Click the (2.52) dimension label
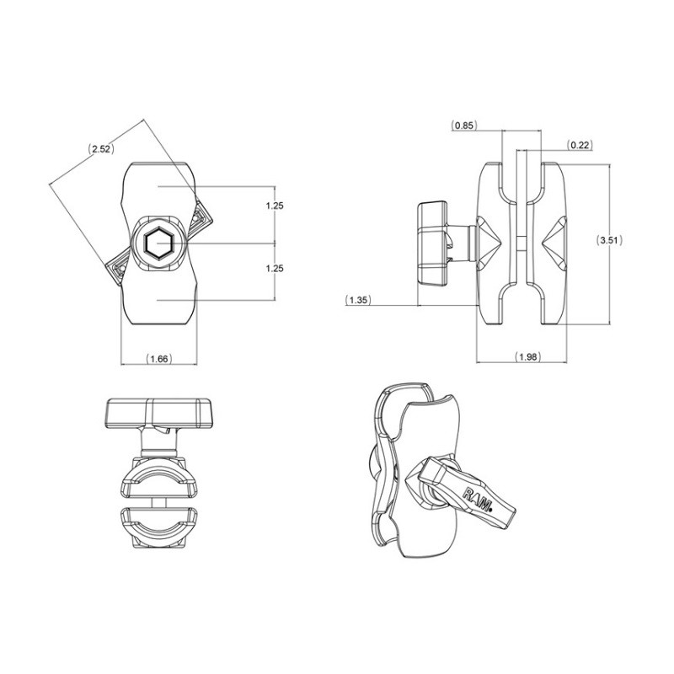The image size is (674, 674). point(101,149)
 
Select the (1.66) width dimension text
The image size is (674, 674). point(159,359)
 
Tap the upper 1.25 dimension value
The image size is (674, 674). point(275,206)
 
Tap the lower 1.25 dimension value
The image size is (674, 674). point(275,268)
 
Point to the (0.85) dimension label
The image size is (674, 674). point(464,125)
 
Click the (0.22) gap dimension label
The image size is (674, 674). point(579,145)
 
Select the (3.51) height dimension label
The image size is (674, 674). point(609,240)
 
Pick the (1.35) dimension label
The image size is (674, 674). point(358,300)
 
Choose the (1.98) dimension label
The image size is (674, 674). point(527,356)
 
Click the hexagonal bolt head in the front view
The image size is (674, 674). point(158,243)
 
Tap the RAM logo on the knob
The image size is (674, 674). point(477,499)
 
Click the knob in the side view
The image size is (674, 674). point(431,243)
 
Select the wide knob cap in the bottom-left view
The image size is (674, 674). point(159,413)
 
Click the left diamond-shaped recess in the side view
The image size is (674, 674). point(489,243)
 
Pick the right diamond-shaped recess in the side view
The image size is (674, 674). point(554,243)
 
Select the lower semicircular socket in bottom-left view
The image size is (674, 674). point(159,527)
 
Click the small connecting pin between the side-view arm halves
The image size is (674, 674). point(521,243)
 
